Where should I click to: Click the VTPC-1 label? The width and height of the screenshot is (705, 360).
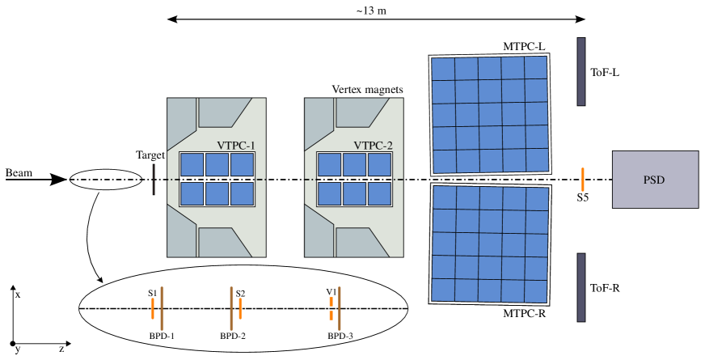coord(236,146)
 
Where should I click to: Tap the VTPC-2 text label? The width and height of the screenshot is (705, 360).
coord(373,146)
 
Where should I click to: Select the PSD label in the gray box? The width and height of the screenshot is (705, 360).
coord(654,180)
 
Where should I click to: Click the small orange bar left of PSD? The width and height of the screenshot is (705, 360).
coord(582,180)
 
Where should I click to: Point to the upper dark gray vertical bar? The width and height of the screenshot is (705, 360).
coord(580,71)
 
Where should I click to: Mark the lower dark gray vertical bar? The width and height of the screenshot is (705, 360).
coord(580,287)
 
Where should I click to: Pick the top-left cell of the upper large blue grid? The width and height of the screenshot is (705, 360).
coord(443,69)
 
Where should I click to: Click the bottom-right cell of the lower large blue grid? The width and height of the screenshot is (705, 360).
coord(538,290)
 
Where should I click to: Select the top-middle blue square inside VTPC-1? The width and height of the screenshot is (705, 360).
coord(217,164)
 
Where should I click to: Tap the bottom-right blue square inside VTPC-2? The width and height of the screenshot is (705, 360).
coord(380,193)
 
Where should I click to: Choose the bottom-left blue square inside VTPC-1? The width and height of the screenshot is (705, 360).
coord(192,193)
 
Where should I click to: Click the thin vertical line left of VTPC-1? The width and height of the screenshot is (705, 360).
coord(154,180)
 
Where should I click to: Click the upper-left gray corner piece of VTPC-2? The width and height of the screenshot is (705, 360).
coord(317,122)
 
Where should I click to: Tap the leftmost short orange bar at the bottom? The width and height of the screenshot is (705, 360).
coord(153,308)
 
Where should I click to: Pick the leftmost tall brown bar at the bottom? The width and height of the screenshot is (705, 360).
coord(162,308)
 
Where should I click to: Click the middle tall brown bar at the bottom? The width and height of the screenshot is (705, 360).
coord(231,308)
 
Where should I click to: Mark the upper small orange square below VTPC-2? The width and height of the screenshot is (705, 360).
coord(331,302)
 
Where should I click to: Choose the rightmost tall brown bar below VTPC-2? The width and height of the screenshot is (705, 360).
coord(340,308)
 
